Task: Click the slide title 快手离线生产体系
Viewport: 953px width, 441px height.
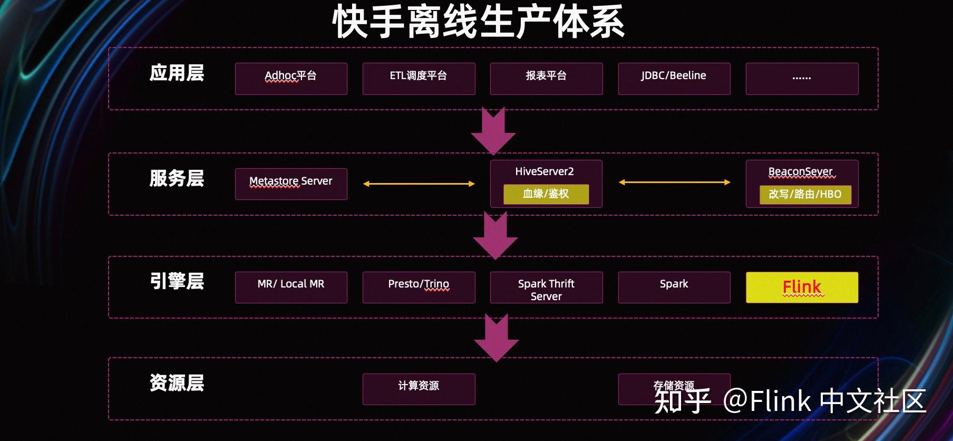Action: tap(478, 22)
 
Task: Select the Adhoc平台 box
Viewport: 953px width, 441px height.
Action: tap(291, 79)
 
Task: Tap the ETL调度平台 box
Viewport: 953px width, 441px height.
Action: tap(419, 79)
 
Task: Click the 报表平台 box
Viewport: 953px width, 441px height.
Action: tap(546, 79)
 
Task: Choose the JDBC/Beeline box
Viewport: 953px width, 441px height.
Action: tap(674, 79)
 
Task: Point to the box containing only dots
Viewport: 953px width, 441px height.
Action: tap(802, 79)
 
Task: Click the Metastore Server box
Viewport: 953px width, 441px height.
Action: tap(291, 184)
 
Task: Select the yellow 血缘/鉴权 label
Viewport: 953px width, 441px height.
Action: tap(546, 194)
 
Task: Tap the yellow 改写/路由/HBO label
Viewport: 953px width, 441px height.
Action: tap(805, 195)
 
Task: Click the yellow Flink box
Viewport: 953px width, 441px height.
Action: tap(802, 287)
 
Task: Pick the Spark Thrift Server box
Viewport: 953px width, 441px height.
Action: tap(546, 287)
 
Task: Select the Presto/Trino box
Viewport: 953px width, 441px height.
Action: tap(419, 287)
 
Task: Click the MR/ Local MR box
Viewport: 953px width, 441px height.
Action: tap(291, 287)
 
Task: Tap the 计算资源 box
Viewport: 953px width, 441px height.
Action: tap(419, 389)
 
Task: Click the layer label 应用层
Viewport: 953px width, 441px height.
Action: tap(177, 73)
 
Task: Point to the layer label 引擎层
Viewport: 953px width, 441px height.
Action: tap(177, 281)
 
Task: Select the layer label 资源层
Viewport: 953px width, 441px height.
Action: tap(177, 383)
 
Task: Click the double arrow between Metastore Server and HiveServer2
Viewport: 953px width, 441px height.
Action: tap(419, 184)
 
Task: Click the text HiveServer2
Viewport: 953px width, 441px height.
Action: tap(544, 171)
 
